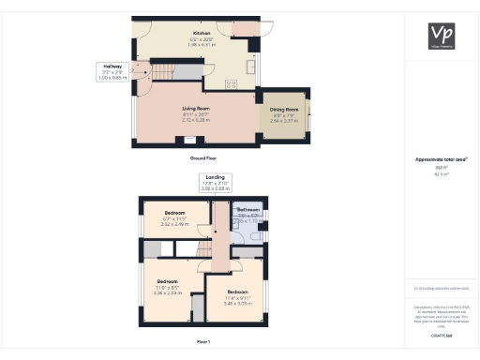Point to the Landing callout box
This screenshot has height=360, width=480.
[x=216, y=182]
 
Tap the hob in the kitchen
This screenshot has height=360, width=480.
[x=232, y=83]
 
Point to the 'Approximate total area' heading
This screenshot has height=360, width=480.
[x=440, y=159]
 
